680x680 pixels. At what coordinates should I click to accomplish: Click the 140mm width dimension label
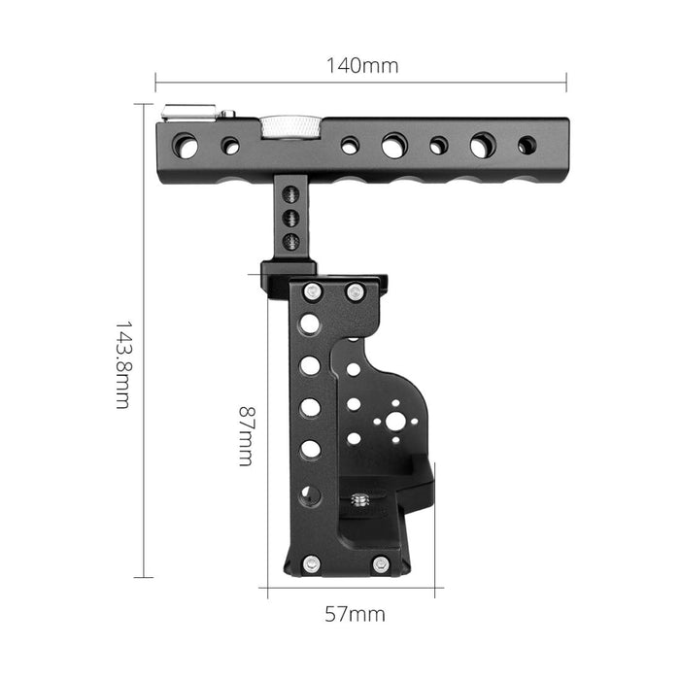point(361,66)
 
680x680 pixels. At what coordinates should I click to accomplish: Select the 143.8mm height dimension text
point(122,364)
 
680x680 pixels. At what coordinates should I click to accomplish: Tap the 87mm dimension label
point(245,436)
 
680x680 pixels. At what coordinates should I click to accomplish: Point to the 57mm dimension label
point(353,614)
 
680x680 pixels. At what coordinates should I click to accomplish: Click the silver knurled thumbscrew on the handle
point(289,126)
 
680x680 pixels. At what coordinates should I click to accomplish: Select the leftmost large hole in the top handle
point(185,147)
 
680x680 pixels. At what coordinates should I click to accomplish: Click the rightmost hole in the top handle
point(527,145)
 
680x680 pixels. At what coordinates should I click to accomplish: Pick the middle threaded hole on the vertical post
point(289,218)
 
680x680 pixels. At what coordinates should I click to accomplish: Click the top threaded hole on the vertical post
point(289,196)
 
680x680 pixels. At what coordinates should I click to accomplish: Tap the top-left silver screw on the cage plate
point(311,291)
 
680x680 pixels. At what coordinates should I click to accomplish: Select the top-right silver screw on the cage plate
point(355,291)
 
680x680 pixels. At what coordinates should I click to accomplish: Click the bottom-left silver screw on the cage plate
point(310,562)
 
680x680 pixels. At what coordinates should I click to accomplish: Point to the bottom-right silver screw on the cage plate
point(380,562)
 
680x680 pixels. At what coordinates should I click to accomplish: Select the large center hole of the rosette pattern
point(395,422)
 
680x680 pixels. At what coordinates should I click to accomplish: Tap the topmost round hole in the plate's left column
point(310,323)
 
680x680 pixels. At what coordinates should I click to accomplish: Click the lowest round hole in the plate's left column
point(309,494)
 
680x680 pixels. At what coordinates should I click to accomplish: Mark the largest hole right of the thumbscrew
point(394,147)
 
